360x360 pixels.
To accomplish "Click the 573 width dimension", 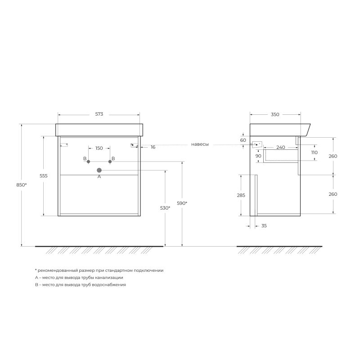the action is click(x=99, y=114).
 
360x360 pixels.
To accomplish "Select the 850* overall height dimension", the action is click(x=22, y=185).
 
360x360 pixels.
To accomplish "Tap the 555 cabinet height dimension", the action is click(x=44, y=176).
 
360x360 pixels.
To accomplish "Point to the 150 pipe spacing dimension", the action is click(x=99, y=148).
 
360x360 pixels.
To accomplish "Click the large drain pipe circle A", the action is click(x=99, y=170).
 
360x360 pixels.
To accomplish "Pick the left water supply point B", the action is click(x=88, y=162).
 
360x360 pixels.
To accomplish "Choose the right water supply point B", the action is click(x=110, y=162).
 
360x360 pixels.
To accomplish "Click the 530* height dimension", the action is click(x=165, y=208).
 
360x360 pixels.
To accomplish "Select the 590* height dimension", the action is click(x=182, y=203).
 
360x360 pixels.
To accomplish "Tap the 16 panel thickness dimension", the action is click(x=153, y=147).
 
